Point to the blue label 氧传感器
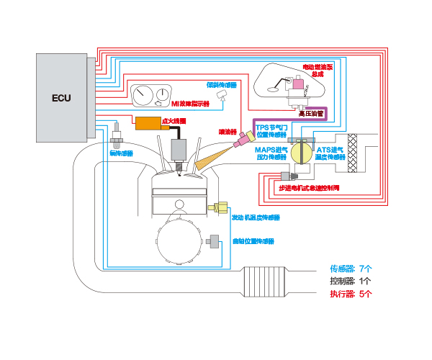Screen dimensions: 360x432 pyautogui.click(x=121, y=153)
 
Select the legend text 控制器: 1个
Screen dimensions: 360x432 pyautogui.click(x=351, y=281)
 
